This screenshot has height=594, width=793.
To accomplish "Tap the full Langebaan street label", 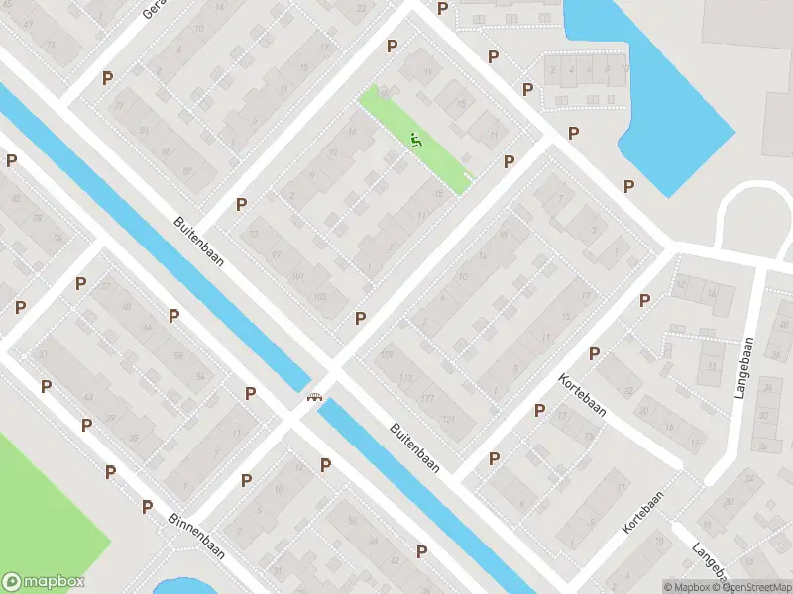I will pos(746,368).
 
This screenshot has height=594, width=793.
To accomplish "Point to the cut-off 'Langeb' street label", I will pos(713,564).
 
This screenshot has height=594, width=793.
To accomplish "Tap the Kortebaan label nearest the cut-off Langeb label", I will pos(642,513).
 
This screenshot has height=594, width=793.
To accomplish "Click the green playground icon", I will pos(416,141).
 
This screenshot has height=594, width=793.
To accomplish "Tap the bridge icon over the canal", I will pos(315,397).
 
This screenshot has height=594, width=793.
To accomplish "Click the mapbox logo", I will pos(44,582).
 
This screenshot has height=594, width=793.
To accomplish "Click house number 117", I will pos(428,398).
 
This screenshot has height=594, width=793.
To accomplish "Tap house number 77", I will pos(118,105).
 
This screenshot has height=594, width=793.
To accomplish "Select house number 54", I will pos(200,377).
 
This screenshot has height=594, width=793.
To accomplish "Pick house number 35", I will pos(134,437).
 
